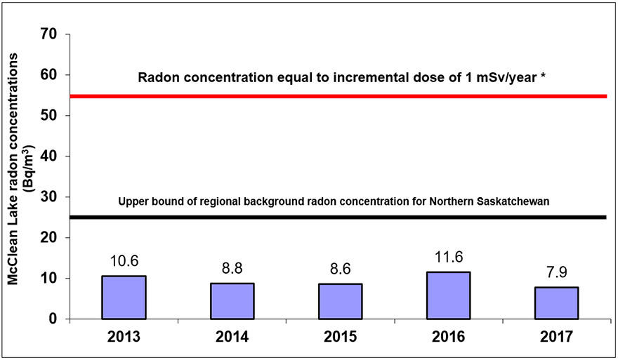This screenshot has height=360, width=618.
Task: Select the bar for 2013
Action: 124,298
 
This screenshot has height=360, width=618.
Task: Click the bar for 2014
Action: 232,301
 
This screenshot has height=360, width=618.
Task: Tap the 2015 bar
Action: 340,301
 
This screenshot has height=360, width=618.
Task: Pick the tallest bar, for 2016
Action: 449,295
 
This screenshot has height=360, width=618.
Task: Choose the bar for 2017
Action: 556,303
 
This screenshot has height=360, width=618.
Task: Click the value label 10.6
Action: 124,261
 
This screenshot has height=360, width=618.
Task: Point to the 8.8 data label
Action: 232,269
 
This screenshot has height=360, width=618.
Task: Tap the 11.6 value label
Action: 449,258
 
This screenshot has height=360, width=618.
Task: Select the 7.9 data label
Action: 557,272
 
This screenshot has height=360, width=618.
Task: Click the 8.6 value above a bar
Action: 340,269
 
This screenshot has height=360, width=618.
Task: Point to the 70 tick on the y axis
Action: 49,34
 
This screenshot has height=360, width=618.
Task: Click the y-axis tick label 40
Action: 49,156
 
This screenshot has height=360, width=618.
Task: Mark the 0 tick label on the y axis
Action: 53,319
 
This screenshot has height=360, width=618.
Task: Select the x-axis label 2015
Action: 340,337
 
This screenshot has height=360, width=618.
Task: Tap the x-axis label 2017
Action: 556,337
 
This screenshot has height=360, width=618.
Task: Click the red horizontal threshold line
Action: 338,97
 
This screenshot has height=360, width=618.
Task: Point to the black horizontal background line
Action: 338,218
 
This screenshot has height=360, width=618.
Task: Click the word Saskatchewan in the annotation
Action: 513,201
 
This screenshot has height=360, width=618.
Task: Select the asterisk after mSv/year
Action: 543,76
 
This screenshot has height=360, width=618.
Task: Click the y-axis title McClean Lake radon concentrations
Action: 13,169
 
